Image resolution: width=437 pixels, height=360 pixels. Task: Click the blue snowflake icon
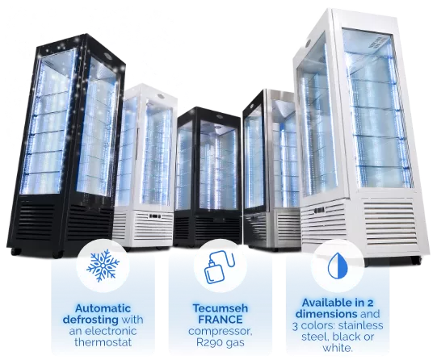(103, 266)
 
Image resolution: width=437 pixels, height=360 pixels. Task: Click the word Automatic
(103, 308)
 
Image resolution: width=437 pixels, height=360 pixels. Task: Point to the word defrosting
(90, 320)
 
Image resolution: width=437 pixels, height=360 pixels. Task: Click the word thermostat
(103, 342)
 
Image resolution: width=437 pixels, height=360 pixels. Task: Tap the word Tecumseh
(221, 308)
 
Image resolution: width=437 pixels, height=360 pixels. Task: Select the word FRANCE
(221, 320)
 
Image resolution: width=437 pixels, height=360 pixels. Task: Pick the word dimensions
(326, 314)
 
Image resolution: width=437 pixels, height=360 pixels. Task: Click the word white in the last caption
(337, 348)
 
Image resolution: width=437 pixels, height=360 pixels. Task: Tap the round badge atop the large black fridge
(110, 56)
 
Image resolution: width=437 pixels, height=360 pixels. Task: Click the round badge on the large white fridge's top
(308, 44)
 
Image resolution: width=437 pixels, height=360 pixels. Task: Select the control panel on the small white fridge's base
(155, 216)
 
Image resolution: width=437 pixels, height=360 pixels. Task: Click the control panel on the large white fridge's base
(319, 210)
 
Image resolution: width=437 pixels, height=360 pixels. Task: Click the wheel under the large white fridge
(416, 261)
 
